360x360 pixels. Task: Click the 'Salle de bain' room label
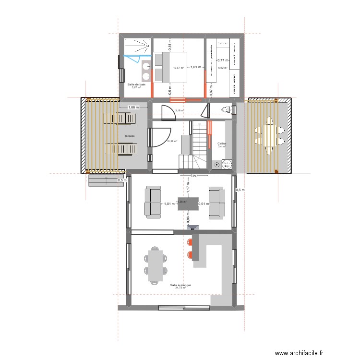[x=136, y=84]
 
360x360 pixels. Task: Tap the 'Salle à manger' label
[x=180, y=285]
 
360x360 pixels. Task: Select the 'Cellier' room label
[x=222, y=144]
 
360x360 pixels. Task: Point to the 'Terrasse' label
[x=129, y=136]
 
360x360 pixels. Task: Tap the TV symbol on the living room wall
[x=194, y=176]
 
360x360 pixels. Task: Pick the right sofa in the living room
[x=216, y=204]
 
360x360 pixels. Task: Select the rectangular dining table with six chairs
[x=155, y=264]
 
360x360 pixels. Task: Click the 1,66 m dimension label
[x=133, y=108]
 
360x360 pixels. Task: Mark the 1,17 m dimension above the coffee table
[x=188, y=189]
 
